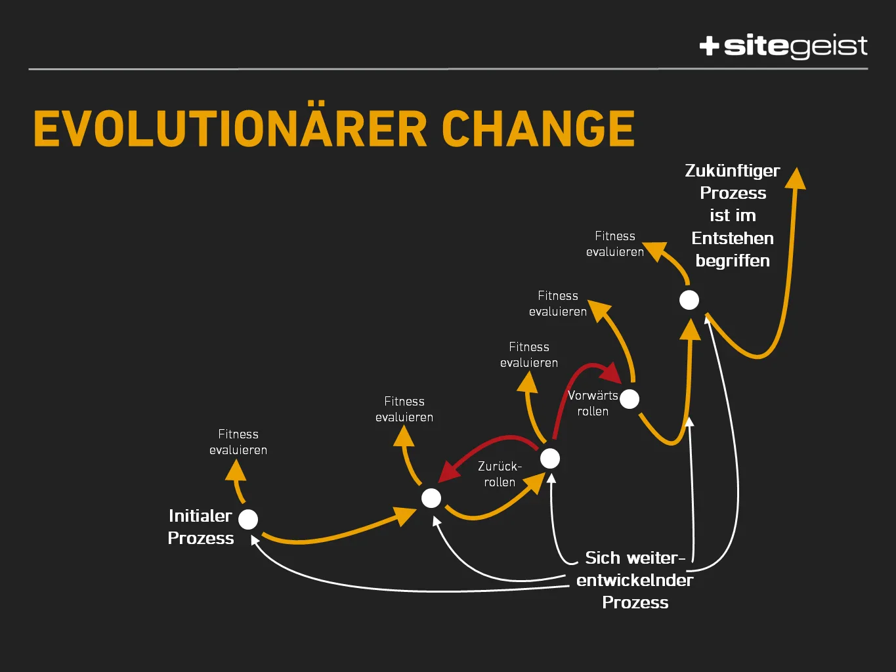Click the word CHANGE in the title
click(x=538, y=129)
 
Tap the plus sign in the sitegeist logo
click(x=709, y=46)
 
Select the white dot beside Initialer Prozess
click(x=248, y=519)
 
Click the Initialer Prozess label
click(x=201, y=527)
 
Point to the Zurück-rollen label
click(x=500, y=474)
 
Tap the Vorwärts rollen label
click(x=593, y=403)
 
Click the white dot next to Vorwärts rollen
click(x=629, y=398)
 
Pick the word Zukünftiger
click(x=733, y=171)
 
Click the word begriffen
click(x=733, y=261)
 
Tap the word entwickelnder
click(x=635, y=580)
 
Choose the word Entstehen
click(x=733, y=238)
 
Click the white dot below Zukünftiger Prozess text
click(x=689, y=300)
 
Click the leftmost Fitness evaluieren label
click(x=238, y=442)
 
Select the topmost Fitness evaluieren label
click(x=615, y=244)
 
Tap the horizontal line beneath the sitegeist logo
click(x=448, y=69)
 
